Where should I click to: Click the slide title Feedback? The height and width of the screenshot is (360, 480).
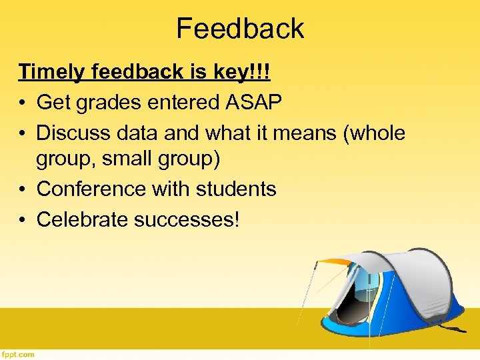point(240,28)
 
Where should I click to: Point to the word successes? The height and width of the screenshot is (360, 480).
point(186,219)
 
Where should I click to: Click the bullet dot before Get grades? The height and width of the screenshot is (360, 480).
point(23,103)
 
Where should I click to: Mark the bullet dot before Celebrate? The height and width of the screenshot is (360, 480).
point(23,220)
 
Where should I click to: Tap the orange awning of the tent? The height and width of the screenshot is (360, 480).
point(333,262)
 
